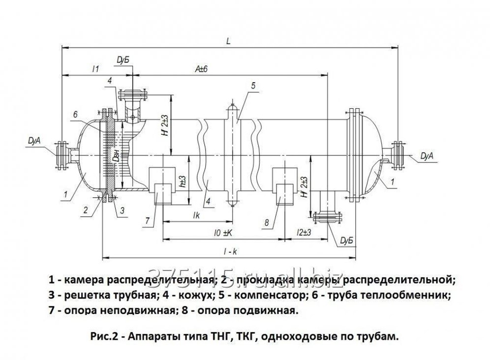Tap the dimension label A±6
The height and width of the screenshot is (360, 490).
tap(201, 69)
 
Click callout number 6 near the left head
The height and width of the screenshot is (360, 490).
tap(75, 114)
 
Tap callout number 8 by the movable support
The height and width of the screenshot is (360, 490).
tap(266, 223)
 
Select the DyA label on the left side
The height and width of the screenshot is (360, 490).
tap(35, 142)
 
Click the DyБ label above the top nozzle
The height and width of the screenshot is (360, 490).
tap(122, 60)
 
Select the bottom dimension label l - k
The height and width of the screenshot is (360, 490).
tap(230, 251)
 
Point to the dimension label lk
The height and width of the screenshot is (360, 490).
tap(196, 215)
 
